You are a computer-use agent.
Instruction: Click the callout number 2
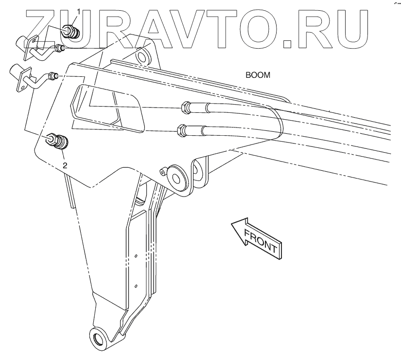tap(65, 164)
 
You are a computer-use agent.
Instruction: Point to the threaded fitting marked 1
tap(70, 33)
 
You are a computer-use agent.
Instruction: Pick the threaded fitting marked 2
tap(59, 142)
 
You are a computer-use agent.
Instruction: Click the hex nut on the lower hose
tap(180, 130)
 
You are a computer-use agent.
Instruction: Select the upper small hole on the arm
tap(137, 255)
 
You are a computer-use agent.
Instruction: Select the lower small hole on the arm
tap(137, 285)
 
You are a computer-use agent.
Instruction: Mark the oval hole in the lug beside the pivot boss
tap(198, 170)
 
